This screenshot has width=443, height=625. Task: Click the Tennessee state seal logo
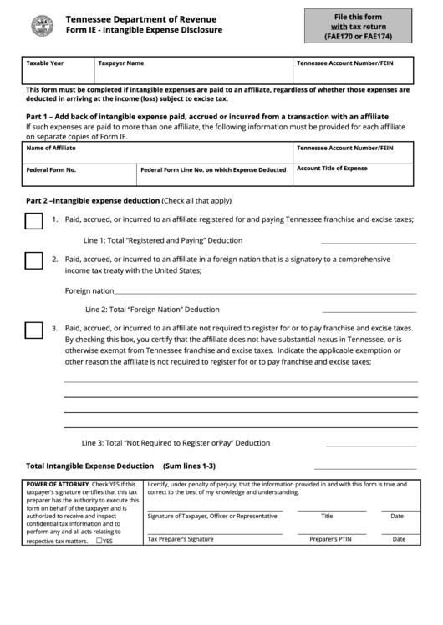(42, 26)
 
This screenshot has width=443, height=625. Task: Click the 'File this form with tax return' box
(358, 26)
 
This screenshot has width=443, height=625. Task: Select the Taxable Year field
(59, 71)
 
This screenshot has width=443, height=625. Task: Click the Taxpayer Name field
(192, 71)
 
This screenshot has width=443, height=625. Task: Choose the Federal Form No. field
(79, 174)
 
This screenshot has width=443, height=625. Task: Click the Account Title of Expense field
(353, 174)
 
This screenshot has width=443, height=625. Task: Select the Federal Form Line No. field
(213, 174)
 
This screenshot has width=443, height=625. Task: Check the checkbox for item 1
(33, 221)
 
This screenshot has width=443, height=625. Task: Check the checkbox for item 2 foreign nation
(33, 260)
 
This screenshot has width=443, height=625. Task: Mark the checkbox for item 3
(33, 330)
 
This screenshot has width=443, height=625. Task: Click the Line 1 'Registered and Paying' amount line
(368, 242)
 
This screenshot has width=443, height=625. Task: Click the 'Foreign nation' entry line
(264, 292)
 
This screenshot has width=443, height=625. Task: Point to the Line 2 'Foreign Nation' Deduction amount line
(368, 310)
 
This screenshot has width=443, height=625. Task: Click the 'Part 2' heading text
(92, 201)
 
